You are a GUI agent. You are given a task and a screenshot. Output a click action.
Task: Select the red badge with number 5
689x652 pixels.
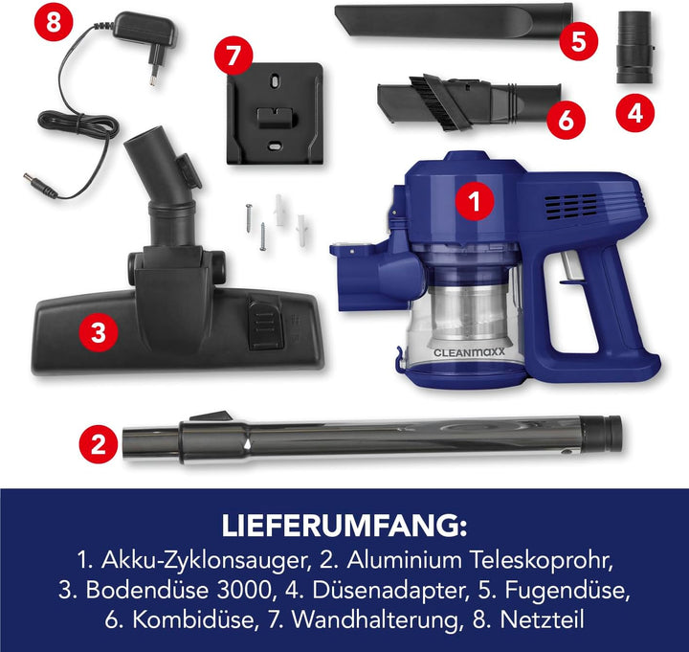(x=577, y=40)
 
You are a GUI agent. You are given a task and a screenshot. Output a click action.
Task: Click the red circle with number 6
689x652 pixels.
(x=566, y=119)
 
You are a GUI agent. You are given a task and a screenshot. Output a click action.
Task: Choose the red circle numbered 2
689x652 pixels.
(x=97, y=444)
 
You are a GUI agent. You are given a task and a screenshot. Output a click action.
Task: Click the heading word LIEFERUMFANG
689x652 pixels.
(x=344, y=528)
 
